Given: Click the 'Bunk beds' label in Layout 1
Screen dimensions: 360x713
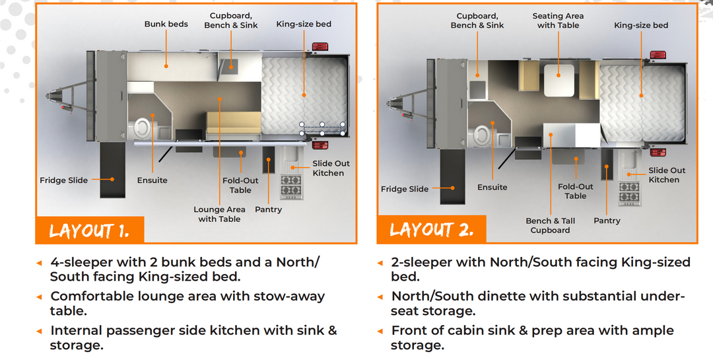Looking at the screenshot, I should coord(166,24).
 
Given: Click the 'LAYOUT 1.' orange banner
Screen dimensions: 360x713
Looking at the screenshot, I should coord(88,231).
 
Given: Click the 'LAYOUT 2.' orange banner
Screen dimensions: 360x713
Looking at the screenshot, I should coord(431,230).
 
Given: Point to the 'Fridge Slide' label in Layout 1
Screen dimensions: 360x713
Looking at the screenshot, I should coord(63,180).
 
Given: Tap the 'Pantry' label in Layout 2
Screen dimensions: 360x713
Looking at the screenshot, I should coord(607,221).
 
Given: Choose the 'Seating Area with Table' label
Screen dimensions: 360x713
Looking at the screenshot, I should coord(558,20).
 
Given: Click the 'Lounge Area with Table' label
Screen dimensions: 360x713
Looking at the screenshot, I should coord(219,214).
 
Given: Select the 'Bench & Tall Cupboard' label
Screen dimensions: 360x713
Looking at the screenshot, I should coord(550,225).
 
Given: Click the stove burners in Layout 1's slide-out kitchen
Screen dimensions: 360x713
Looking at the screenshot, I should coord(291,186).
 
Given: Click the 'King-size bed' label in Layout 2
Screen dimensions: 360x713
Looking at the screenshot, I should coord(641,26).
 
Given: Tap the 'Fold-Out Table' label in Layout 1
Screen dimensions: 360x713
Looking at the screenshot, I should coord(240,185).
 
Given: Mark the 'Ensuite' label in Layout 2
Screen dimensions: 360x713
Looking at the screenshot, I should coord(492,188).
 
